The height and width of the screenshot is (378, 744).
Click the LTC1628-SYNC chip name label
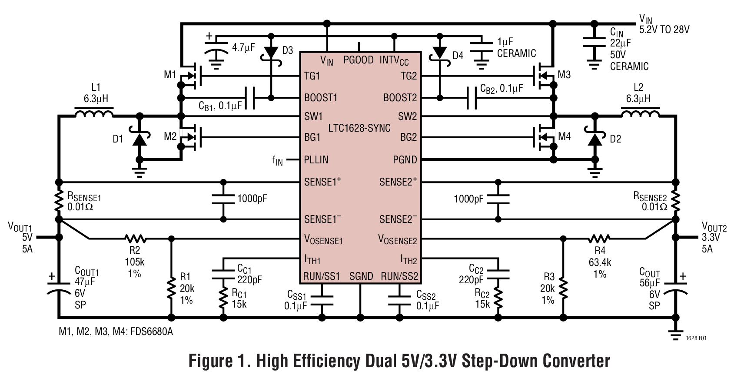(x=359, y=129)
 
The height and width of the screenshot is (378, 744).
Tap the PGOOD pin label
(x=359, y=60)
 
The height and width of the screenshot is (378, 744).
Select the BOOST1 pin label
(x=321, y=98)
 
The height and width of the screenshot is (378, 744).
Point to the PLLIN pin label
(x=316, y=160)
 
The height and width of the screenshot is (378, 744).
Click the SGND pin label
(x=361, y=276)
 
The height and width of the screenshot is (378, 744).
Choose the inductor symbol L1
(x=93, y=114)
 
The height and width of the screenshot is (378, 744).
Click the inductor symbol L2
(x=640, y=114)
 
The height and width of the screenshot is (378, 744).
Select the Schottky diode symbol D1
(x=139, y=139)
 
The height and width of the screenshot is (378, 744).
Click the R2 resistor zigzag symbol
(x=136, y=239)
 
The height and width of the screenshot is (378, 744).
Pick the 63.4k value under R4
(x=600, y=263)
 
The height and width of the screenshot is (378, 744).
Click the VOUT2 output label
(x=714, y=227)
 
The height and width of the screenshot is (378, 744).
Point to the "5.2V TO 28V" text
(x=664, y=30)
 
